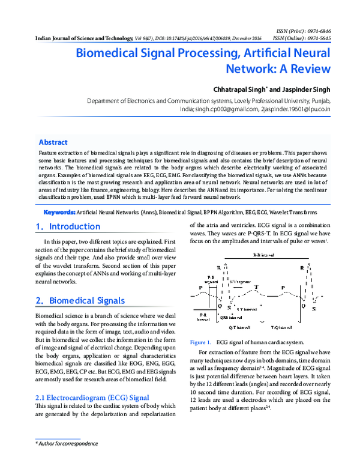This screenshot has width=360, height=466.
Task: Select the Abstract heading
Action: [53, 142]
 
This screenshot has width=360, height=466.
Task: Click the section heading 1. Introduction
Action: [62, 227]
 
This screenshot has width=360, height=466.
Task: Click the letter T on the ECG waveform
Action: [257, 288]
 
